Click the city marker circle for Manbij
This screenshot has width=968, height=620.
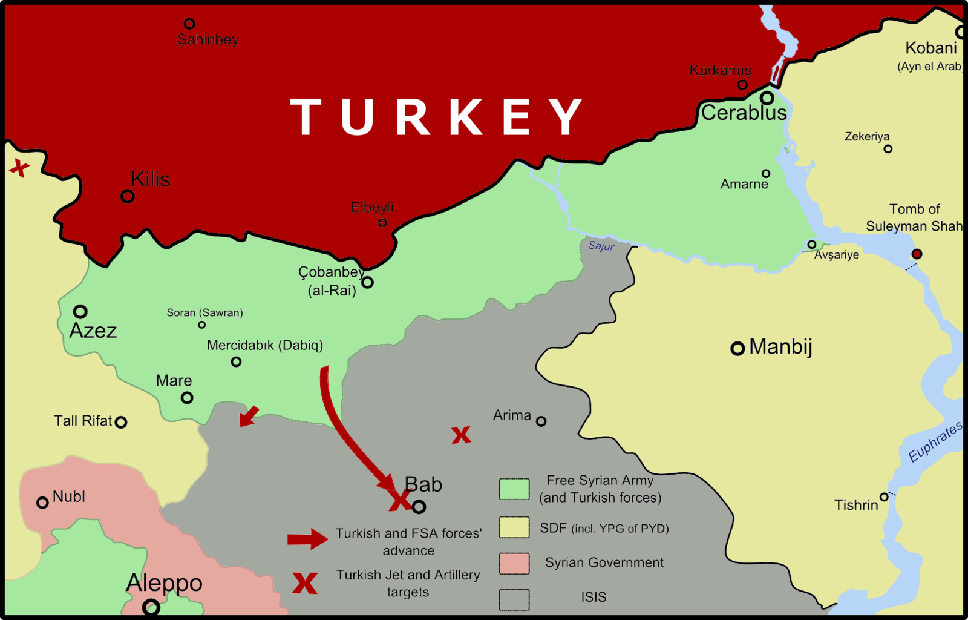point(737,348)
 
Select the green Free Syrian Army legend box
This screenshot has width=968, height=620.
point(514,489)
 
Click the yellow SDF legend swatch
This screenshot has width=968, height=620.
point(514,527)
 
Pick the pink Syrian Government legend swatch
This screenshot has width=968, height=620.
point(514,563)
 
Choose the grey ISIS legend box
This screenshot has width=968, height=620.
point(514,599)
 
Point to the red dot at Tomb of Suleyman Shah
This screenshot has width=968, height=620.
point(917,254)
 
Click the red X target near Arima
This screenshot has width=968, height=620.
point(461,435)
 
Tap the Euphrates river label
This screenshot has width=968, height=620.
point(935,442)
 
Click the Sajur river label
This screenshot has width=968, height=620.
point(601,246)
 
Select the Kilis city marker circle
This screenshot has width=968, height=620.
point(127,196)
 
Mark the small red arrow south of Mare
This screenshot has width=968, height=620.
point(248,417)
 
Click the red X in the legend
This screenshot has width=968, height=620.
point(304,583)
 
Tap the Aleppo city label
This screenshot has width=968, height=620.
point(164,582)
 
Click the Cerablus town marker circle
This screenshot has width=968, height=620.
point(767,97)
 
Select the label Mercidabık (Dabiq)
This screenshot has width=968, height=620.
point(264,345)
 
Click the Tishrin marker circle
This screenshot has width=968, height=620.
point(884,497)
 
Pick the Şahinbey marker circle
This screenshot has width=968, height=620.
point(189,24)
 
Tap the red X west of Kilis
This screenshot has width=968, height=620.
point(19,168)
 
